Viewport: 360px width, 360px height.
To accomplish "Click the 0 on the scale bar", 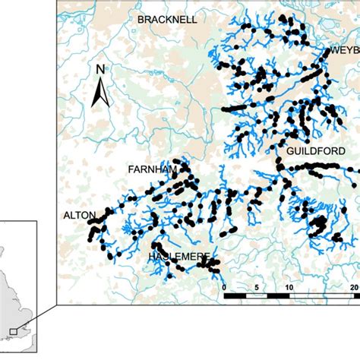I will (225, 287).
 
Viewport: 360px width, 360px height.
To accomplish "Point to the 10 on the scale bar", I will (289, 287).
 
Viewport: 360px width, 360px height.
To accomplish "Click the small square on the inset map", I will (13, 331).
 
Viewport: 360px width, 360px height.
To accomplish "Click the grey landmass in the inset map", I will (11, 304).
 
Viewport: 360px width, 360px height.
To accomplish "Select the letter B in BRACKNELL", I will (141, 20).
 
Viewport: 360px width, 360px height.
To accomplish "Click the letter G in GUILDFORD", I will (288, 151).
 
